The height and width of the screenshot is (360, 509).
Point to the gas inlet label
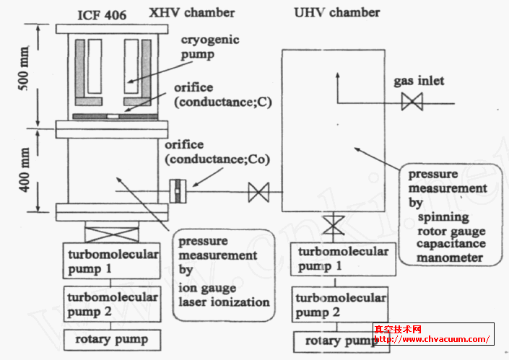point(419,81)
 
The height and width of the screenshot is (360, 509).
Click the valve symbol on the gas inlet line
point(412,103)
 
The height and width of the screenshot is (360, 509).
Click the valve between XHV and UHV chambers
point(258,193)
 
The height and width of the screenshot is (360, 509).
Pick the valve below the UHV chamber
point(333,226)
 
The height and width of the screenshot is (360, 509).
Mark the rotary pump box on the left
point(111,338)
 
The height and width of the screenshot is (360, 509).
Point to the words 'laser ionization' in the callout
point(224,302)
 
